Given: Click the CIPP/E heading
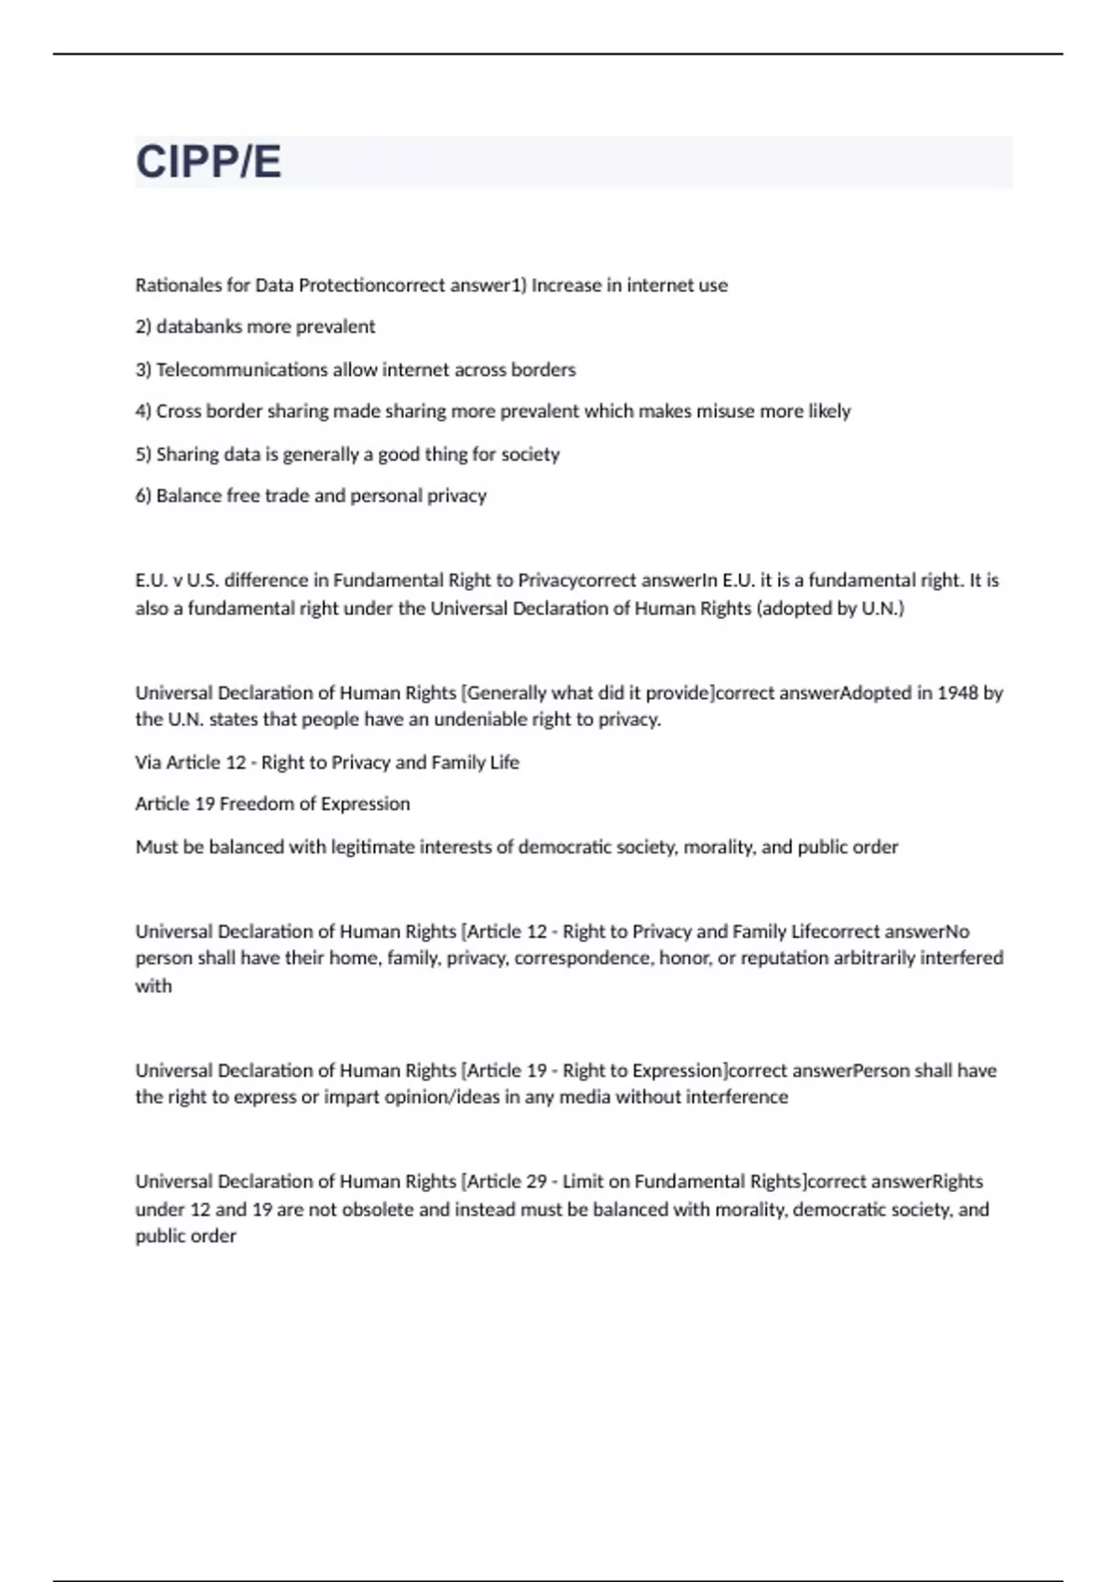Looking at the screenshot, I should click(209, 162).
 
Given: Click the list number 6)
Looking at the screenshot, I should click(143, 496).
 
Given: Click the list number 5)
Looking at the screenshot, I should click(143, 454).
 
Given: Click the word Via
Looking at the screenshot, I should click(148, 762).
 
